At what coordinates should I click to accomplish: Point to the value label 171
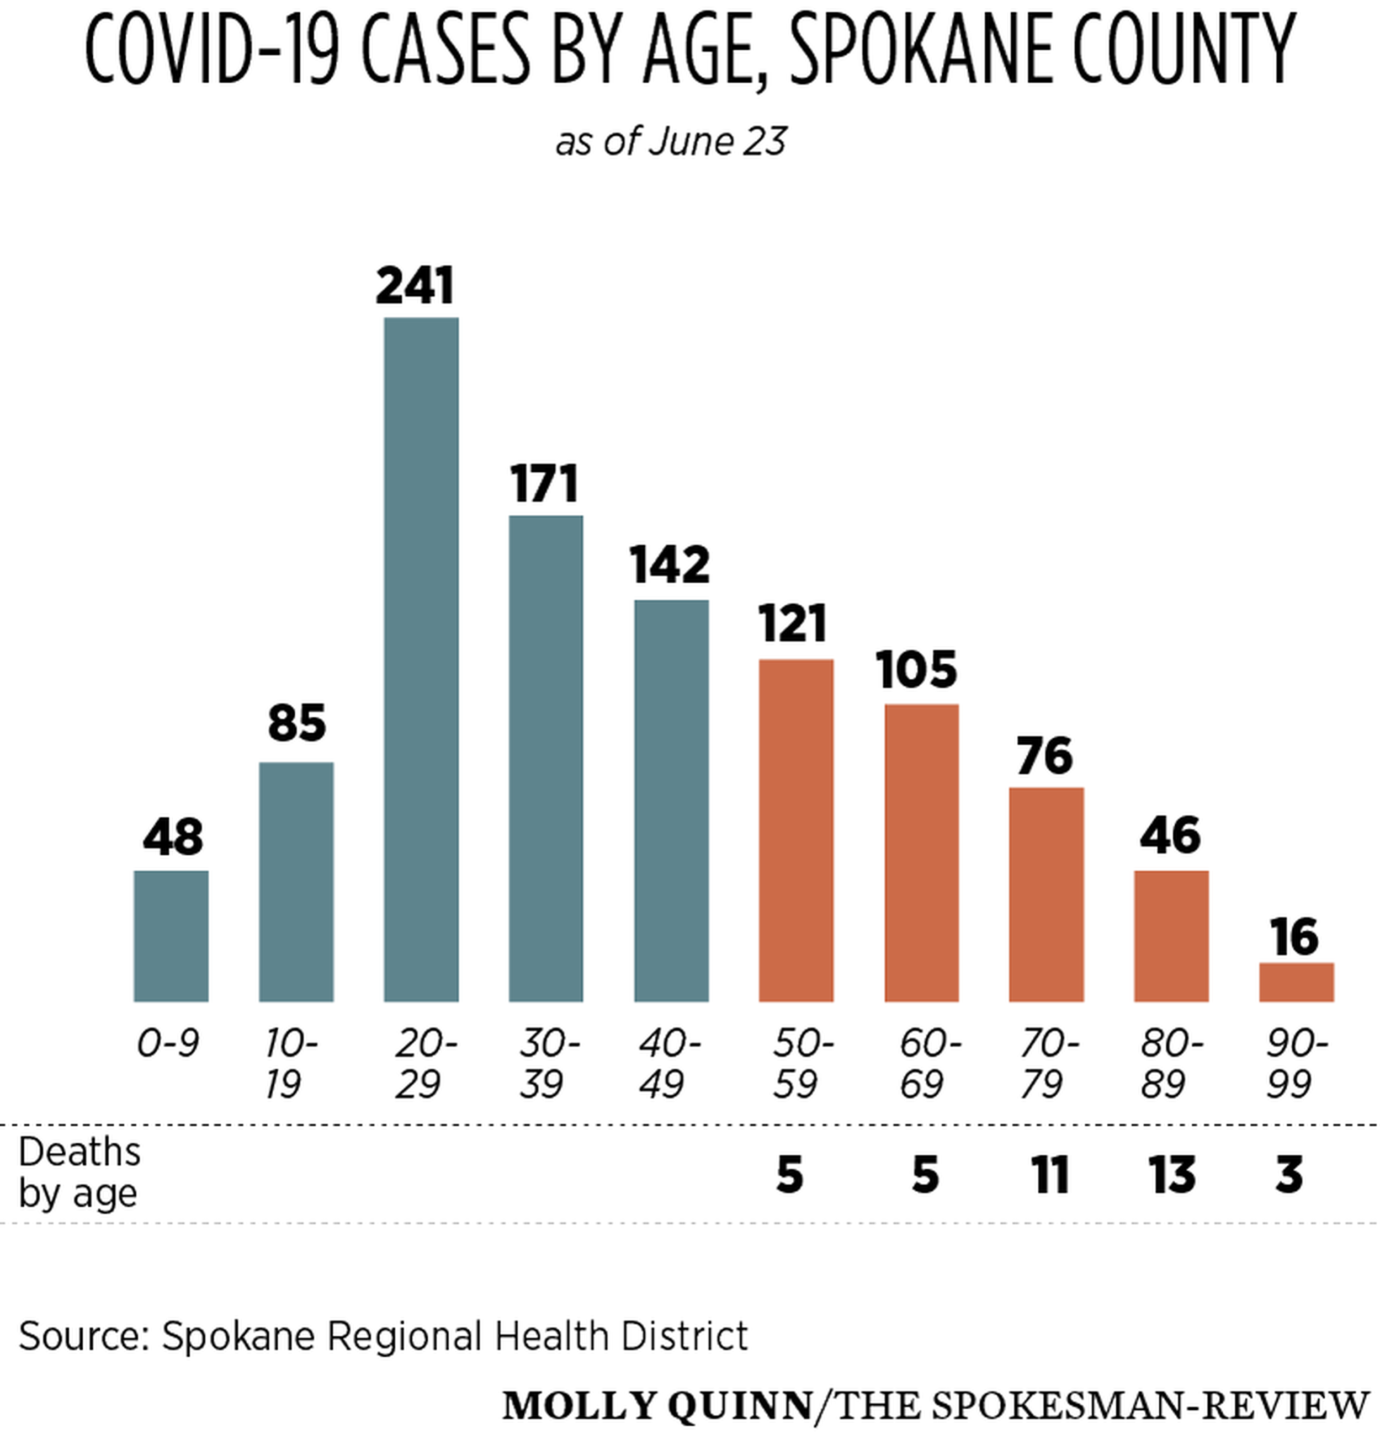tap(544, 484)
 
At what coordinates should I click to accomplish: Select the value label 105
tap(916, 670)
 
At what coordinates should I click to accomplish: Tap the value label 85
tap(296, 723)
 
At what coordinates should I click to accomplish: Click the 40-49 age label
tap(668, 1063)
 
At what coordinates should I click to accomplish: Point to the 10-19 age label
tap(290, 1063)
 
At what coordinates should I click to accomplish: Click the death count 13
tap(1171, 1174)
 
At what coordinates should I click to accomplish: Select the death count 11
tap(1049, 1174)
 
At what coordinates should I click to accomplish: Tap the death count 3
tap(1289, 1174)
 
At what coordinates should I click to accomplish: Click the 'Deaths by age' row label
tap(79, 1173)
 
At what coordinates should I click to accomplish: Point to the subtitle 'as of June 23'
tap(671, 141)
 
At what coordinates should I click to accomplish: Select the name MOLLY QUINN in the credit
tap(657, 1406)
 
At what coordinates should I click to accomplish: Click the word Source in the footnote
tap(82, 1335)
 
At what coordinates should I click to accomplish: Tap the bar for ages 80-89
tap(1171, 935)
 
